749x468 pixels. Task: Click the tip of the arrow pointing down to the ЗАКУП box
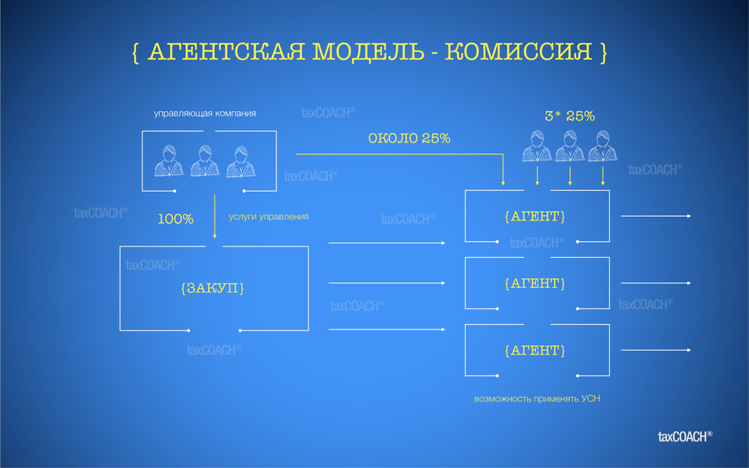tap(214, 238)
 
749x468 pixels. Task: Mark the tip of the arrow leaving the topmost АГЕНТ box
tap(691, 216)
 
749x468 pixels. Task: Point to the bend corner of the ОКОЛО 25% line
tap(503, 154)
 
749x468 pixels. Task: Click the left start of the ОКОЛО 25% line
tap(296, 154)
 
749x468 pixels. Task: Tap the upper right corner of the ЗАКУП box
tap(308, 247)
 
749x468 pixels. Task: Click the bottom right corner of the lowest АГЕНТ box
tap(610, 376)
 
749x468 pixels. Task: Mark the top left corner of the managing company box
tap(142, 131)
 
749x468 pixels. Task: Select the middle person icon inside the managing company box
tap(205, 161)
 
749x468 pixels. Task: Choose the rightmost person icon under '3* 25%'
tap(603, 146)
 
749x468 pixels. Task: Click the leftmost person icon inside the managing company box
tap(169, 161)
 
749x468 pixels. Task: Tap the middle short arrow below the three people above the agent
tap(570, 176)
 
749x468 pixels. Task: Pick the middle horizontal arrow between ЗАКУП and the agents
tap(387, 283)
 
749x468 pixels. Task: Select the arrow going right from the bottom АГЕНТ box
tap(656, 350)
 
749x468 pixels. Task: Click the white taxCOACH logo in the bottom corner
tap(686, 436)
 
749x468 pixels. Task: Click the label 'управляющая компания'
tap(205, 113)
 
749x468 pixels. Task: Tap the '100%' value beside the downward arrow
tap(176, 219)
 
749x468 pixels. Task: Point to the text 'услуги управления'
tap(268, 217)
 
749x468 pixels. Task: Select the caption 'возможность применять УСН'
tap(537, 399)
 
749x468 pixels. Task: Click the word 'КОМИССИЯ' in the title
tap(519, 52)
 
